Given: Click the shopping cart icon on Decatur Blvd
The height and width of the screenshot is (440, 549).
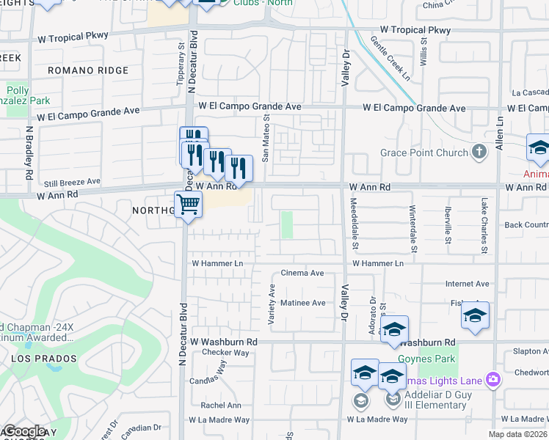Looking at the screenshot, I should (x=188, y=205).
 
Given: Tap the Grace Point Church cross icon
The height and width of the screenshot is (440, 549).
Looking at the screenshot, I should (x=479, y=153).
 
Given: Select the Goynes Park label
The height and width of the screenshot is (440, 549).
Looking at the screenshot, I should (x=427, y=359).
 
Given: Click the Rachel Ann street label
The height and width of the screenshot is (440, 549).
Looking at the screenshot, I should (x=220, y=405).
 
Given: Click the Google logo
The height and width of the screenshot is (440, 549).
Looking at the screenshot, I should (x=24, y=431).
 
